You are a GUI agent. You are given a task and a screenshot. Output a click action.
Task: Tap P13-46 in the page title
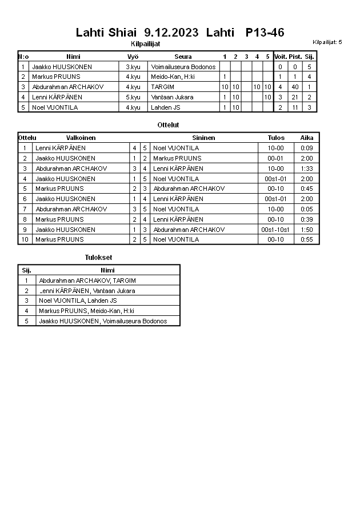[265, 33]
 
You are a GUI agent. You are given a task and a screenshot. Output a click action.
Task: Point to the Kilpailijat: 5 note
[327, 42]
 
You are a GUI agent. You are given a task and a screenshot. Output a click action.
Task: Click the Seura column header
[183, 57]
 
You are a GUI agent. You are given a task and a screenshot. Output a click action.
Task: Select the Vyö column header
[133, 57]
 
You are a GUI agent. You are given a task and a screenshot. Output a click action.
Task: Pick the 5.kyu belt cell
[133, 97]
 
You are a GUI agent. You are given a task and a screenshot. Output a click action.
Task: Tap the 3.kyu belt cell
[133, 67]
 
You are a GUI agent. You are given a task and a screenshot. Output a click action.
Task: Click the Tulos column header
[276, 138]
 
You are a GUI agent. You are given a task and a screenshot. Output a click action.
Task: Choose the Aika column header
[307, 138]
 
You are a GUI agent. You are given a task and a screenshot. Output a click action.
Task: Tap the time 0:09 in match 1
[307, 148]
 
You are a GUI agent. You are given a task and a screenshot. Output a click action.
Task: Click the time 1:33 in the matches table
[307, 169]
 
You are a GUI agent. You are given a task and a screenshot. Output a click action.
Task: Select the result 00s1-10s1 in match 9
[276, 230]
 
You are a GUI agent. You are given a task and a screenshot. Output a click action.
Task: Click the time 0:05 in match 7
[307, 209]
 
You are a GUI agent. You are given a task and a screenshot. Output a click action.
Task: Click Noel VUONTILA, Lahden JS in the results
[78, 300]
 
